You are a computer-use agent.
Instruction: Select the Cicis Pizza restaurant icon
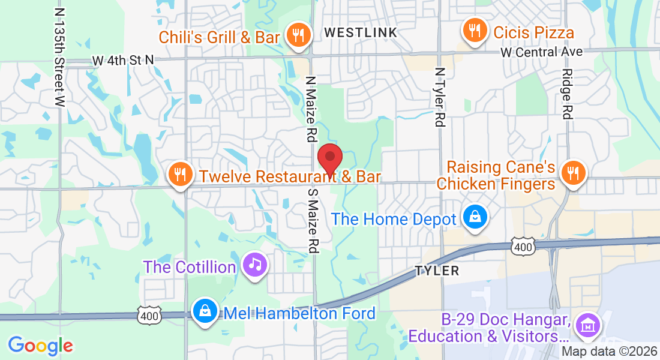[475, 30]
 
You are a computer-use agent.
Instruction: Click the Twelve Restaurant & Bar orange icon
[179, 175]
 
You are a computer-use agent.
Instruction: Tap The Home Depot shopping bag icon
[475, 218]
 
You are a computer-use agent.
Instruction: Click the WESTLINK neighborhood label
[361, 32]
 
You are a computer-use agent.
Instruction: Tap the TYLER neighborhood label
[437, 271]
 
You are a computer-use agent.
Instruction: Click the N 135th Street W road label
[58, 57]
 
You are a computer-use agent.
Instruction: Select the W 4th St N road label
[124, 60]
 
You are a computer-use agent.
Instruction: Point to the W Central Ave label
[542, 52]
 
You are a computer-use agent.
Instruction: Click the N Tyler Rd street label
[440, 96]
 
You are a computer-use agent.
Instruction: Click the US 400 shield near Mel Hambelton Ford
[149, 316]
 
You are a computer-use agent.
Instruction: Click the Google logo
[40, 346]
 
